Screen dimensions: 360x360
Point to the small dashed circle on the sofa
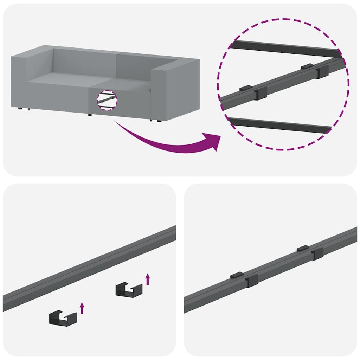106,100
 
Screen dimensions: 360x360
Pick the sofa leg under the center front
90,115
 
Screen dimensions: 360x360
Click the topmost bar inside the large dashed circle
285,49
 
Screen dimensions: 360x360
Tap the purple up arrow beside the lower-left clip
82,308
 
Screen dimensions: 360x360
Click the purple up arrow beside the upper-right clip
148,279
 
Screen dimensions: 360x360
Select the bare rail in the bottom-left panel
88,269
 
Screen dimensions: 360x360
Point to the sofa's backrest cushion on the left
84,62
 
